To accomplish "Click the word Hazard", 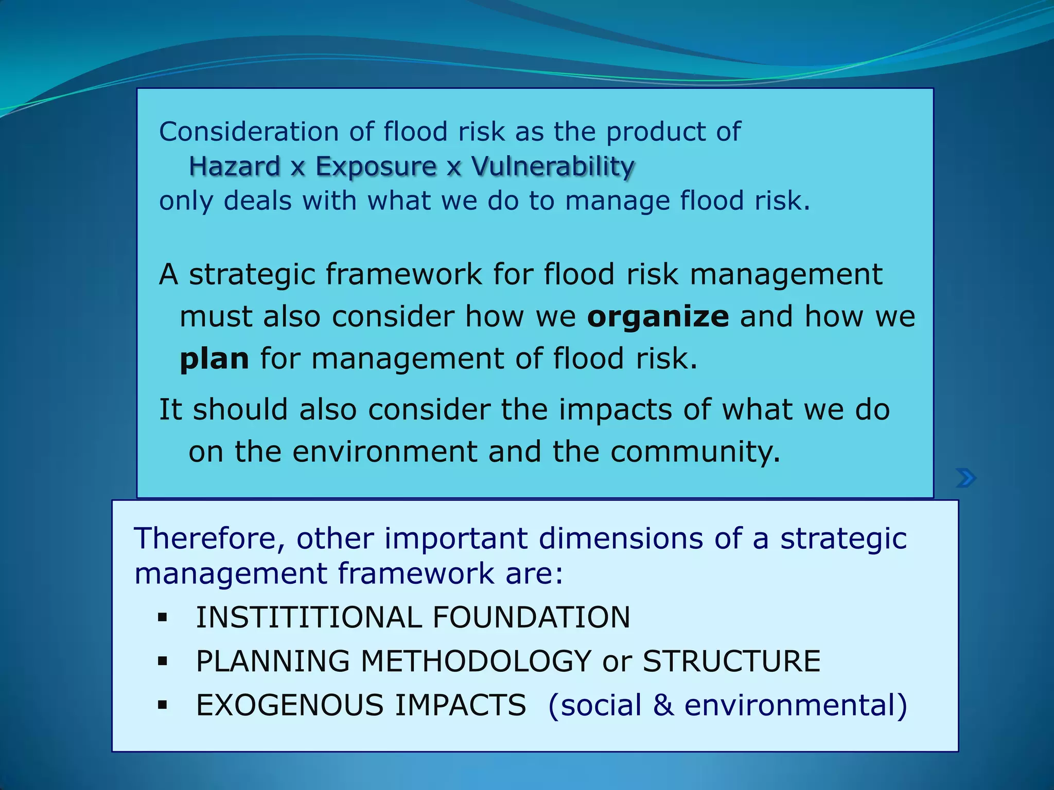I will pyautogui.click(x=234, y=167).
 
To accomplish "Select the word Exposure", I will pyautogui.click(x=376, y=167).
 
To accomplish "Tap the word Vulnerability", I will pyautogui.click(x=553, y=167).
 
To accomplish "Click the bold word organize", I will pyautogui.click(x=658, y=317).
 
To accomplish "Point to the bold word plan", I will pyautogui.click(x=214, y=359).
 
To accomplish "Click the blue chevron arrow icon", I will pyautogui.click(x=966, y=478).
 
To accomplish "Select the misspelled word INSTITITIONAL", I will pyautogui.click(x=309, y=617).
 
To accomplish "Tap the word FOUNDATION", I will pyautogui.click(x=531, y=617).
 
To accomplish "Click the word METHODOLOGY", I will pyautogui.click(x=476, y=661).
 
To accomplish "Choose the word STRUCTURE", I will pyautogui.click(x=731, y=661).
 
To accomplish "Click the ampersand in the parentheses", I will pyautogui.click(x=663, y=705).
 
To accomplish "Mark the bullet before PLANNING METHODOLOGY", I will pyautogui.click(x=163, y=661).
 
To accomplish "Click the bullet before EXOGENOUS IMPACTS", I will pyautogui.click(x=163, y=705).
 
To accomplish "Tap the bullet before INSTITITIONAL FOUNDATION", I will pyautogui.click(x=163, y=617).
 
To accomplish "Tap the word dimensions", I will pyautogui.click(x=621, y=539).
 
